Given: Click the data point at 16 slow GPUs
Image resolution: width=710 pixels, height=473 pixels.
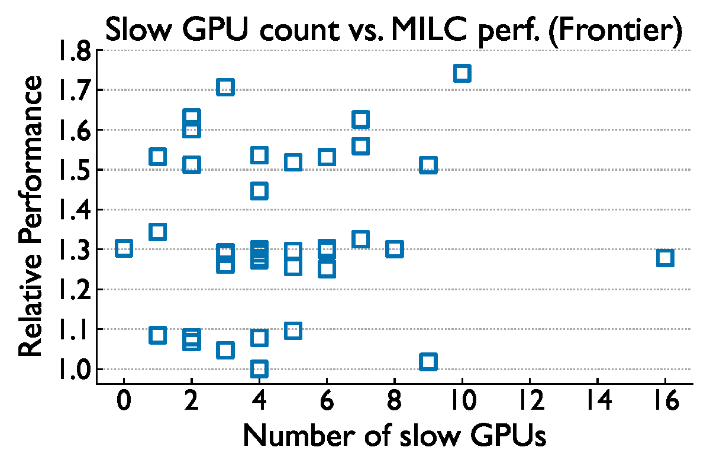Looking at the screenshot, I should click(665, 258).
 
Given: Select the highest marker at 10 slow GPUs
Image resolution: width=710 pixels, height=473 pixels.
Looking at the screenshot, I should click(462, 73).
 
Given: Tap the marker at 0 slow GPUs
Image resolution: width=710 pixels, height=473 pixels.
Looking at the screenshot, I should click(124, 248).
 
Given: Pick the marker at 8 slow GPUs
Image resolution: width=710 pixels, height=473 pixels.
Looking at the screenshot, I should click(395, 249).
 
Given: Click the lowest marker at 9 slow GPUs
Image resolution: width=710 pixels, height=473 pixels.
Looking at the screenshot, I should click(428, 361).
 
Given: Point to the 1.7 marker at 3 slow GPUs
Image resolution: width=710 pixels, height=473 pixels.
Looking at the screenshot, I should click(225, 88).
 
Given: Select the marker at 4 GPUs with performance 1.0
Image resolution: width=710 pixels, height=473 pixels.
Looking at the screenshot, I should click(259, 369).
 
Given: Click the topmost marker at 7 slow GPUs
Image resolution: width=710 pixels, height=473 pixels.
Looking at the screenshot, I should click(360, 119).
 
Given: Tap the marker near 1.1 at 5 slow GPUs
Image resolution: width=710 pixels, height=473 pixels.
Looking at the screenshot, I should click(293, 331).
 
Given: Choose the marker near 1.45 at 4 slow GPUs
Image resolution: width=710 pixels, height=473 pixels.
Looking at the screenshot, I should click(259, 191).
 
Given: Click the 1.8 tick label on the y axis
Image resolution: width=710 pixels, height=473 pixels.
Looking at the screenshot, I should click(73, 51).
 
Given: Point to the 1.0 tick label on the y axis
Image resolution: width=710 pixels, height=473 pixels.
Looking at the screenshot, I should click(73, 370).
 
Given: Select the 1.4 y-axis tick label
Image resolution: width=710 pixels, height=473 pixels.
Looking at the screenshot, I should click(73, 210).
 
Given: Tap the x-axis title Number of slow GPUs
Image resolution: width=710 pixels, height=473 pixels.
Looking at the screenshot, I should click(394, 438).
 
